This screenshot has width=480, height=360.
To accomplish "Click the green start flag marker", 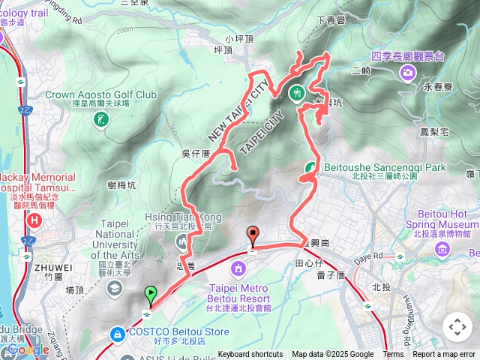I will [151, 295].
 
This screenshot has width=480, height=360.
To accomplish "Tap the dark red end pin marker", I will [252, 235].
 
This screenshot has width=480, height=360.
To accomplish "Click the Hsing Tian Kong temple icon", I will [182, 242].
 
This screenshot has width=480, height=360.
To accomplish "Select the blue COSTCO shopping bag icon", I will [117, 333].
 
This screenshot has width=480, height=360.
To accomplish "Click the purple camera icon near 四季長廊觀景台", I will [407, 72].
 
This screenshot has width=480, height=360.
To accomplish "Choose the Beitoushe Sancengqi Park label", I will [385, 166].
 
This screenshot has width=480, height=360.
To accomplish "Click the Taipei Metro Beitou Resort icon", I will [239, 268].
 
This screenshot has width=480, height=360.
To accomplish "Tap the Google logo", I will [28, 349].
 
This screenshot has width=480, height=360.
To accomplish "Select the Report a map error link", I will [444, 355].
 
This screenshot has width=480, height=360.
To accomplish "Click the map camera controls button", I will [457, 327].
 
